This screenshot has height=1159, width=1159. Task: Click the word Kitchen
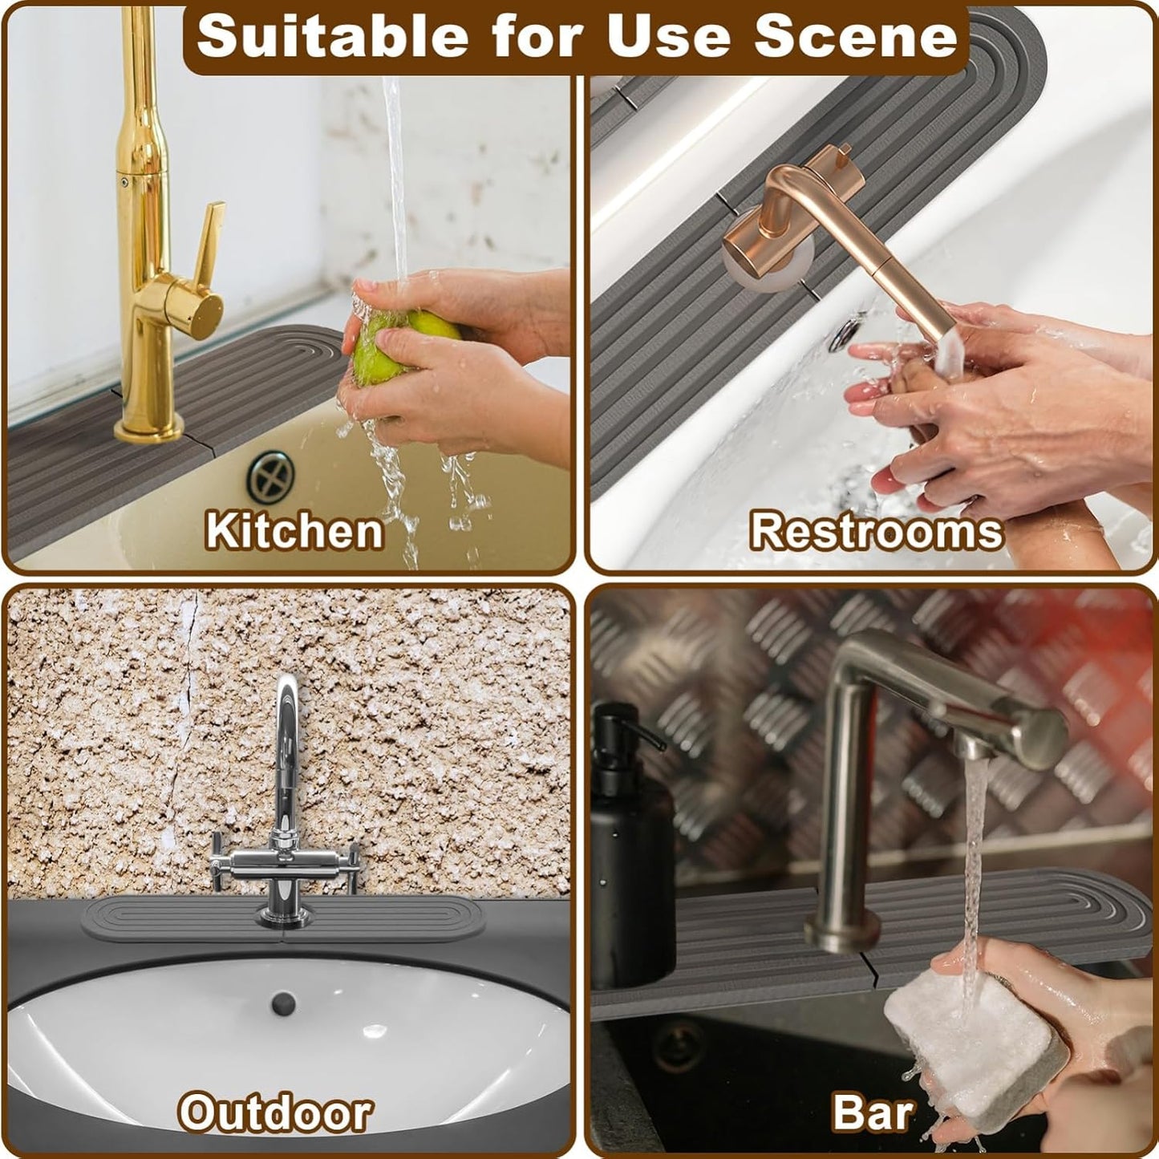coord(294,531)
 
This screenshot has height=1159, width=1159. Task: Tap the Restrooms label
coord(876,531)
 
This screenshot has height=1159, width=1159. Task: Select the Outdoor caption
coord(275,1112)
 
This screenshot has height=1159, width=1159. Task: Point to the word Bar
coord(873,1112)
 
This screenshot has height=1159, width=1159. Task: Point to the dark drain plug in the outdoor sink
coord(282,1003)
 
